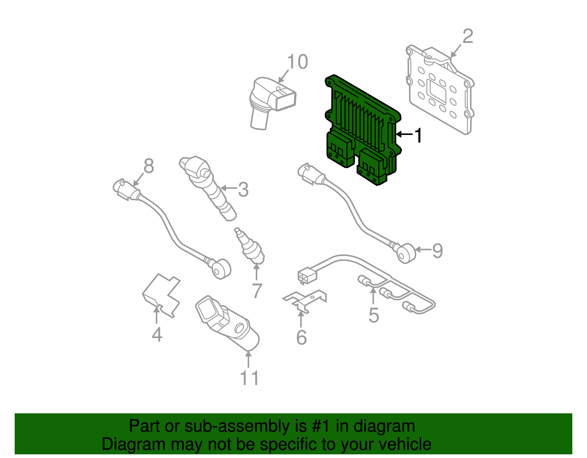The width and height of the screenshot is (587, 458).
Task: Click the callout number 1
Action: click(418, 136)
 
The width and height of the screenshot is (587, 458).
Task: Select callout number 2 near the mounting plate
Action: click(468, 36)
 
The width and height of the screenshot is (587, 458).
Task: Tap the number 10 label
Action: click(298, 62)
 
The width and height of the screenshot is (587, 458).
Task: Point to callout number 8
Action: click(149, 166)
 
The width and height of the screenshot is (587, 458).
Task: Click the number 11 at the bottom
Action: click(249, 378)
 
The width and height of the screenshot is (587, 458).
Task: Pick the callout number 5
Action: click(373, 315)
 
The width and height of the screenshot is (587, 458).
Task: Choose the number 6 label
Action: click(301, 338)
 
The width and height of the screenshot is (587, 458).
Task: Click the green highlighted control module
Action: click(361, 128)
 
